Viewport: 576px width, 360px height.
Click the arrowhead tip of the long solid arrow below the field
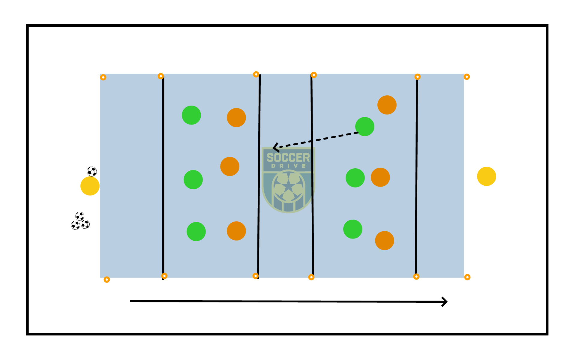coord(447,302)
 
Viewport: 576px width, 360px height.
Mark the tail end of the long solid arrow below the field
coord(130,301)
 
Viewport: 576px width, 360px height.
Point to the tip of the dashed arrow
coord(273,148)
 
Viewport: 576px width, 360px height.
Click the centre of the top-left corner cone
coord(103,77)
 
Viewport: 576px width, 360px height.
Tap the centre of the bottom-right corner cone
coord(467,277)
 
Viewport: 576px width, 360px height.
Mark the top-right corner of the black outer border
coord(547,25)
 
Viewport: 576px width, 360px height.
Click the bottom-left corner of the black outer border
coord(28,334)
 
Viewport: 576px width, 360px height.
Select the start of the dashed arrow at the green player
coord(358,132)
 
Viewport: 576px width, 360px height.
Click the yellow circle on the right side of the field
coord(487,176)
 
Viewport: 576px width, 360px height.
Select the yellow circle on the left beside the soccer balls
coord(90,186)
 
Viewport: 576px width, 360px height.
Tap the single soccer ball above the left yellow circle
coord(92,172)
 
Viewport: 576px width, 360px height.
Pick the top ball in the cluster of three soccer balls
coord(80,216)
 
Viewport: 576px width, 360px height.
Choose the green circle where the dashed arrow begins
coord(365,127)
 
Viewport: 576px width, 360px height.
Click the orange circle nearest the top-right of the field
coord(387,105)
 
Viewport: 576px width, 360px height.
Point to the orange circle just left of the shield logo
coord(230,166)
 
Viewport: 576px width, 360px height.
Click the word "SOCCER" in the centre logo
coord(288,157)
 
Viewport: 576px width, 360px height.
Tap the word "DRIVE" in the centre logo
coord(289,166)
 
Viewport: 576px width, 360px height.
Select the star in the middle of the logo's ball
coord(288,186)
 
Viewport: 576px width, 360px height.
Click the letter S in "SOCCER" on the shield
coord(270,157)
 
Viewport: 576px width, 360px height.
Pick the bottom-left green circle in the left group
coord(196,232)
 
